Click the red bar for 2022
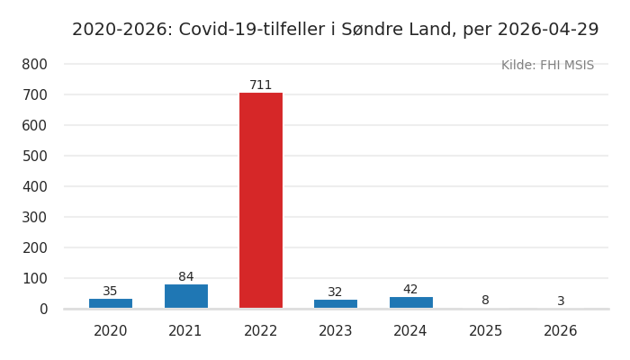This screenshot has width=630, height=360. (x=261, y=201)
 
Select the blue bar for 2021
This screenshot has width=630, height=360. (x=185, y=296)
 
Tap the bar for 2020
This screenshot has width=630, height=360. (x=111, y=303)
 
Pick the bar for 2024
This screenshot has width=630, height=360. (x=410, y=302)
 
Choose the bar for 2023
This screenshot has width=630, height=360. (x=336, y=304)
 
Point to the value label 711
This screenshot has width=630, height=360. (x=261, y=85)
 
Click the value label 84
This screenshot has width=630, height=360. (x=185, y=277)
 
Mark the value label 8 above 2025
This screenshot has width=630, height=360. (x=485, y=301)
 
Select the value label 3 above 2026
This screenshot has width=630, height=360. (x=561, y=301)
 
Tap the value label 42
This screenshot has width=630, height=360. (x=410, y=290)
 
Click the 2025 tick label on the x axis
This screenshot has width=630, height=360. (x=485, y=331)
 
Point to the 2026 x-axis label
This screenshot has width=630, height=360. (x=561, y=331)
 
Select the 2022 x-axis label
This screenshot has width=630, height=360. (x=261, y=331)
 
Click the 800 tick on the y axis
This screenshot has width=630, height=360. (x=35, y=65)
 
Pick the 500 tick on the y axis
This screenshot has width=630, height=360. (x=35, y=157)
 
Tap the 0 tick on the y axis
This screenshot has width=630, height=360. (x=43, y=310)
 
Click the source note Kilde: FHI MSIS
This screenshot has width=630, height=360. (x=547, y=66)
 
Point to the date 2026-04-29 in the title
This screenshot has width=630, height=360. (x=547, y=30)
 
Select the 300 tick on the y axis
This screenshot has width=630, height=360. (x=35, y=218)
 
